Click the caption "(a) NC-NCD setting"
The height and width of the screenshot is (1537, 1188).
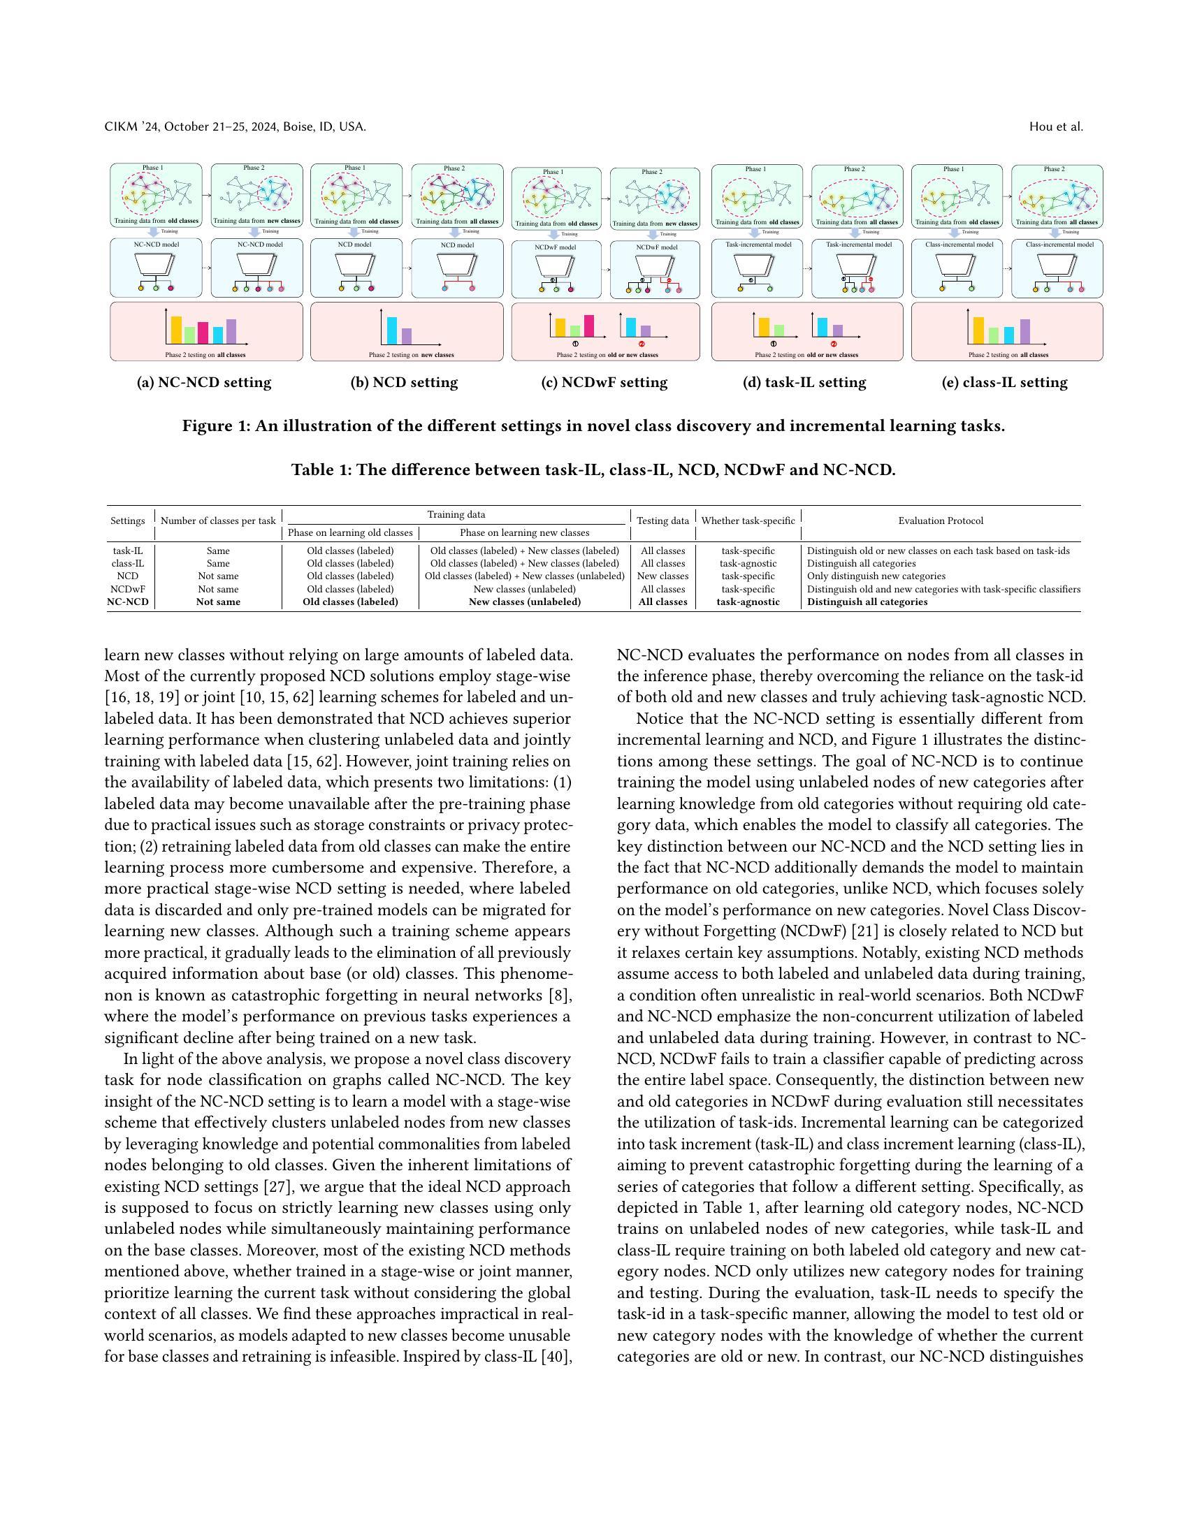point(203,383)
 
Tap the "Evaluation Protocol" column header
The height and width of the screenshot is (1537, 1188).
point(940,520)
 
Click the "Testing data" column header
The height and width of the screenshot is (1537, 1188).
point(662,520)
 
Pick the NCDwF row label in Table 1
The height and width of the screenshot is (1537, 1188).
point(127,589)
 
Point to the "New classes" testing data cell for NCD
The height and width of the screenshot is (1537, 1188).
point(662,576)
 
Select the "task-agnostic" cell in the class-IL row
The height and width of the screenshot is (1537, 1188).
point(748,563)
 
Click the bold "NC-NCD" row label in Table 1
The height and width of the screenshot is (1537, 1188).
point(127,602)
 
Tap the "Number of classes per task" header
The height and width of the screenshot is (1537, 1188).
point(218,520)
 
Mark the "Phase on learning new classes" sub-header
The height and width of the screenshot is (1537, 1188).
point(524,533)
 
